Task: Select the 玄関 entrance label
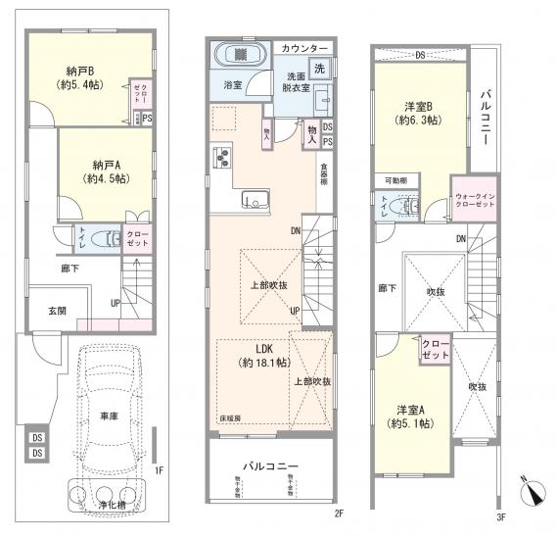pos(57,311)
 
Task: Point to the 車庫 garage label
pos(109,416)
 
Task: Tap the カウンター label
pos(305,47)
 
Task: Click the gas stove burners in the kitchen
pos(221,157)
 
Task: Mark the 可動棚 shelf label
pos(396,181)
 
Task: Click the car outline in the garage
pos(110,412)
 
